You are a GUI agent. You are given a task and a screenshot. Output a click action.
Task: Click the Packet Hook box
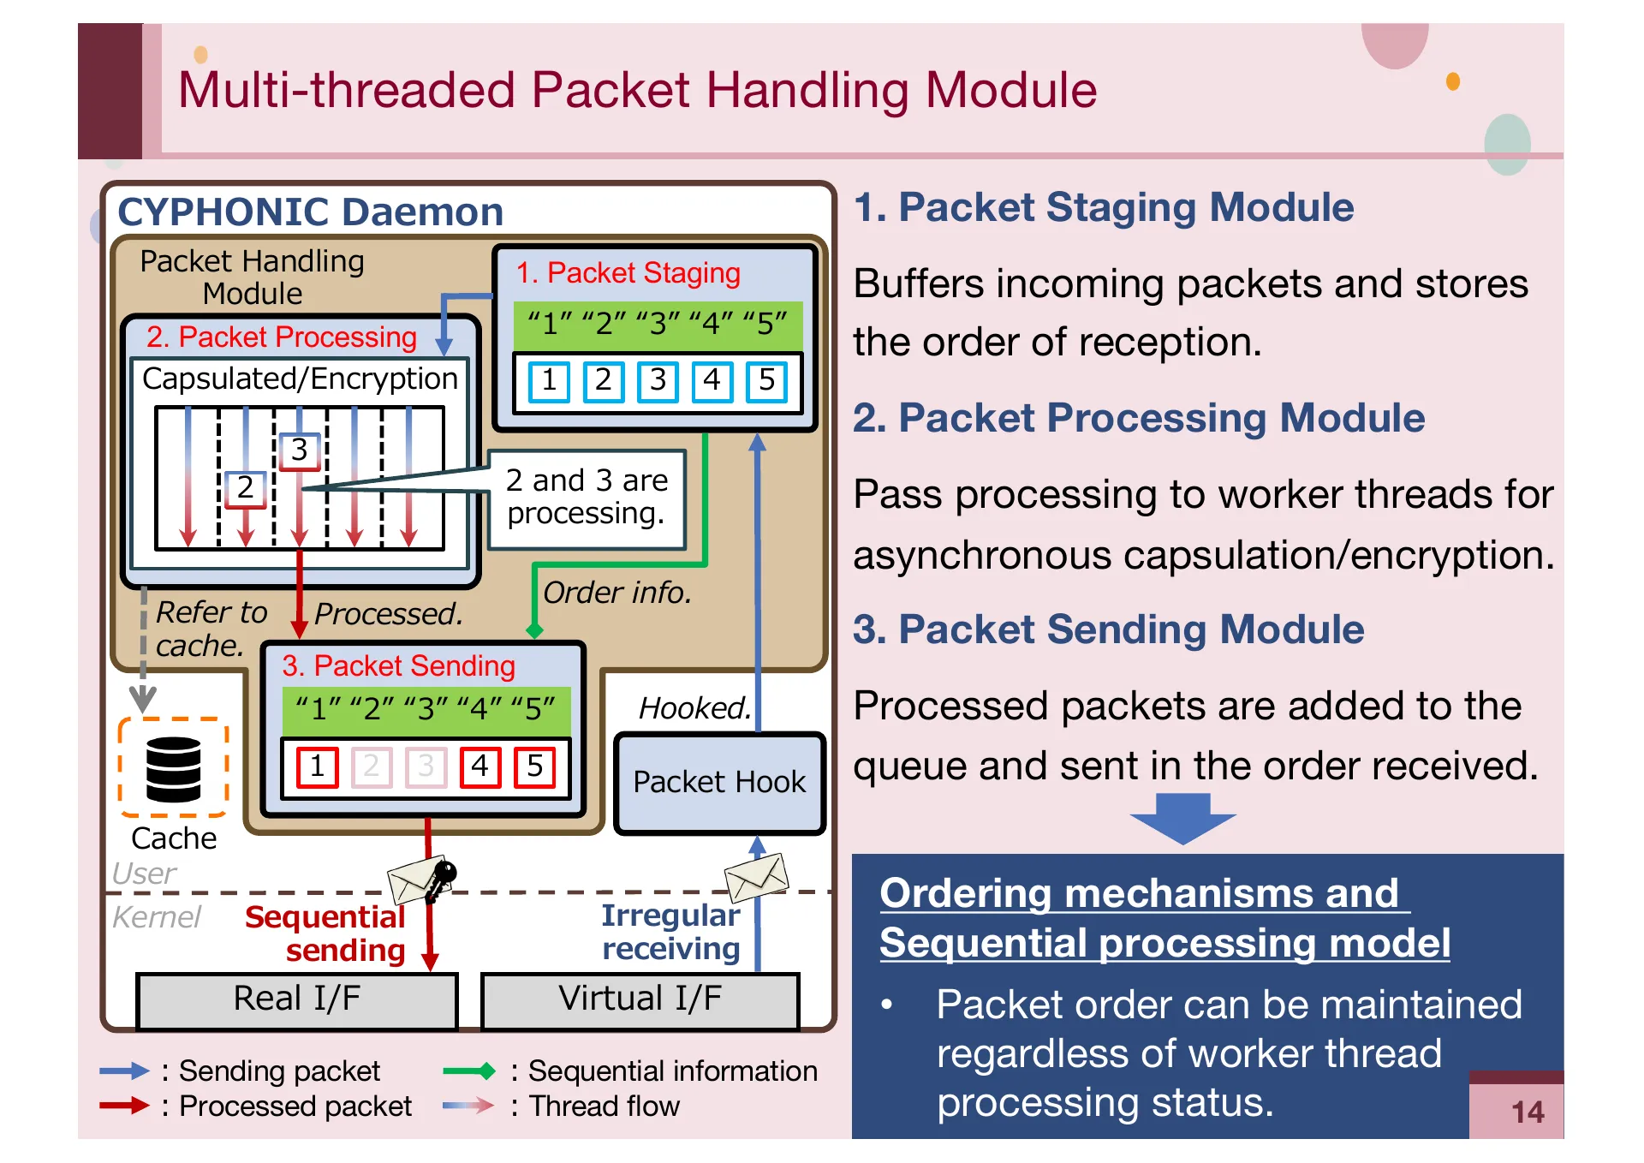[x=719, y=783]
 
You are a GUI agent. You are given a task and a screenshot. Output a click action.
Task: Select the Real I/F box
[x=297, y=999]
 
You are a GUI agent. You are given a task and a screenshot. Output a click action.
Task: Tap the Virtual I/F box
[x=640, y=999]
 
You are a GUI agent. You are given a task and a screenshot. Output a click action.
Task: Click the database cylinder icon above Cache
[x=173, y=768]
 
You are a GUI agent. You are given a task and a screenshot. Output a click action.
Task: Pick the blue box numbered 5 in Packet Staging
[x=766, y=381]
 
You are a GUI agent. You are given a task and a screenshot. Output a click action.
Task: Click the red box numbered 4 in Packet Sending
[x=479, y=766]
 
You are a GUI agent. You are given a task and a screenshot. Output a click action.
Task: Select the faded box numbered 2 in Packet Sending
[x=371, y=766]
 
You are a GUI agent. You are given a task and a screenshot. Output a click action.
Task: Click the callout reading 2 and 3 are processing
[x=587, y=498]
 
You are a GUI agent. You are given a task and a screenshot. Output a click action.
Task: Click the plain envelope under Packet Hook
[x=755, y=876]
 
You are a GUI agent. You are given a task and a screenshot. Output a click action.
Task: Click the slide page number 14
[x=1527, y=1112]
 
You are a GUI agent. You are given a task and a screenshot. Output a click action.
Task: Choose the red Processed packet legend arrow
[x=124, y=1106]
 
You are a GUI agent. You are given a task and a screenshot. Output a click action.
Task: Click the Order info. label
[x=616, y=593]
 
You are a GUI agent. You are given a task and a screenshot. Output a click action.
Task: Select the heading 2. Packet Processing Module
[x=1138, y=419]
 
